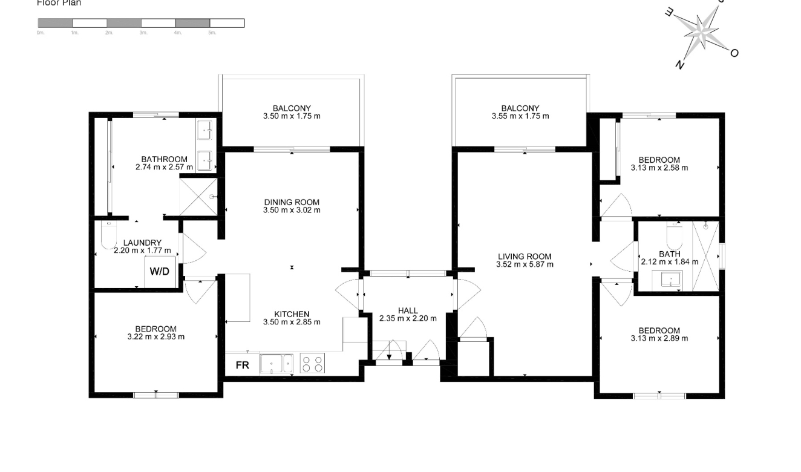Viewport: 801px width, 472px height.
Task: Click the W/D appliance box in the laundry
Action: click(x=160, y=271)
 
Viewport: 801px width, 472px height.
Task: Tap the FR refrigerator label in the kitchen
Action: click(x=242, y=365)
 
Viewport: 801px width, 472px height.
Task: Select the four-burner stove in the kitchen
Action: click(x=312, y=363)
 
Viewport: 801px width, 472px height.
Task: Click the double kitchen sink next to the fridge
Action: click(x=276, y=364)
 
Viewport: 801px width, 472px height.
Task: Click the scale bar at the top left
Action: click(x=141, y=23)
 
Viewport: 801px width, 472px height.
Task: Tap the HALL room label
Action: click(x=408, y=310)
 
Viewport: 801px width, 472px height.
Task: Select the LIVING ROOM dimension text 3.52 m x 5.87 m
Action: click(x=525, y=264)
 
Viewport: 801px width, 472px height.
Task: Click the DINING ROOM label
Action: click(x=292, y=202)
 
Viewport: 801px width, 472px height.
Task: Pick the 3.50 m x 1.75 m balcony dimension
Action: click(x=292, y=116)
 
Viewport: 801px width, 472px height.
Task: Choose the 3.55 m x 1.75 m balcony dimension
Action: click(x=520, y=116)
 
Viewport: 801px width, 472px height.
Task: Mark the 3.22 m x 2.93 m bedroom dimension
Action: click(x=156, y=337)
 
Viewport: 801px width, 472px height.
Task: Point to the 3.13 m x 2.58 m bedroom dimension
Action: click(x=659, y=168)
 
